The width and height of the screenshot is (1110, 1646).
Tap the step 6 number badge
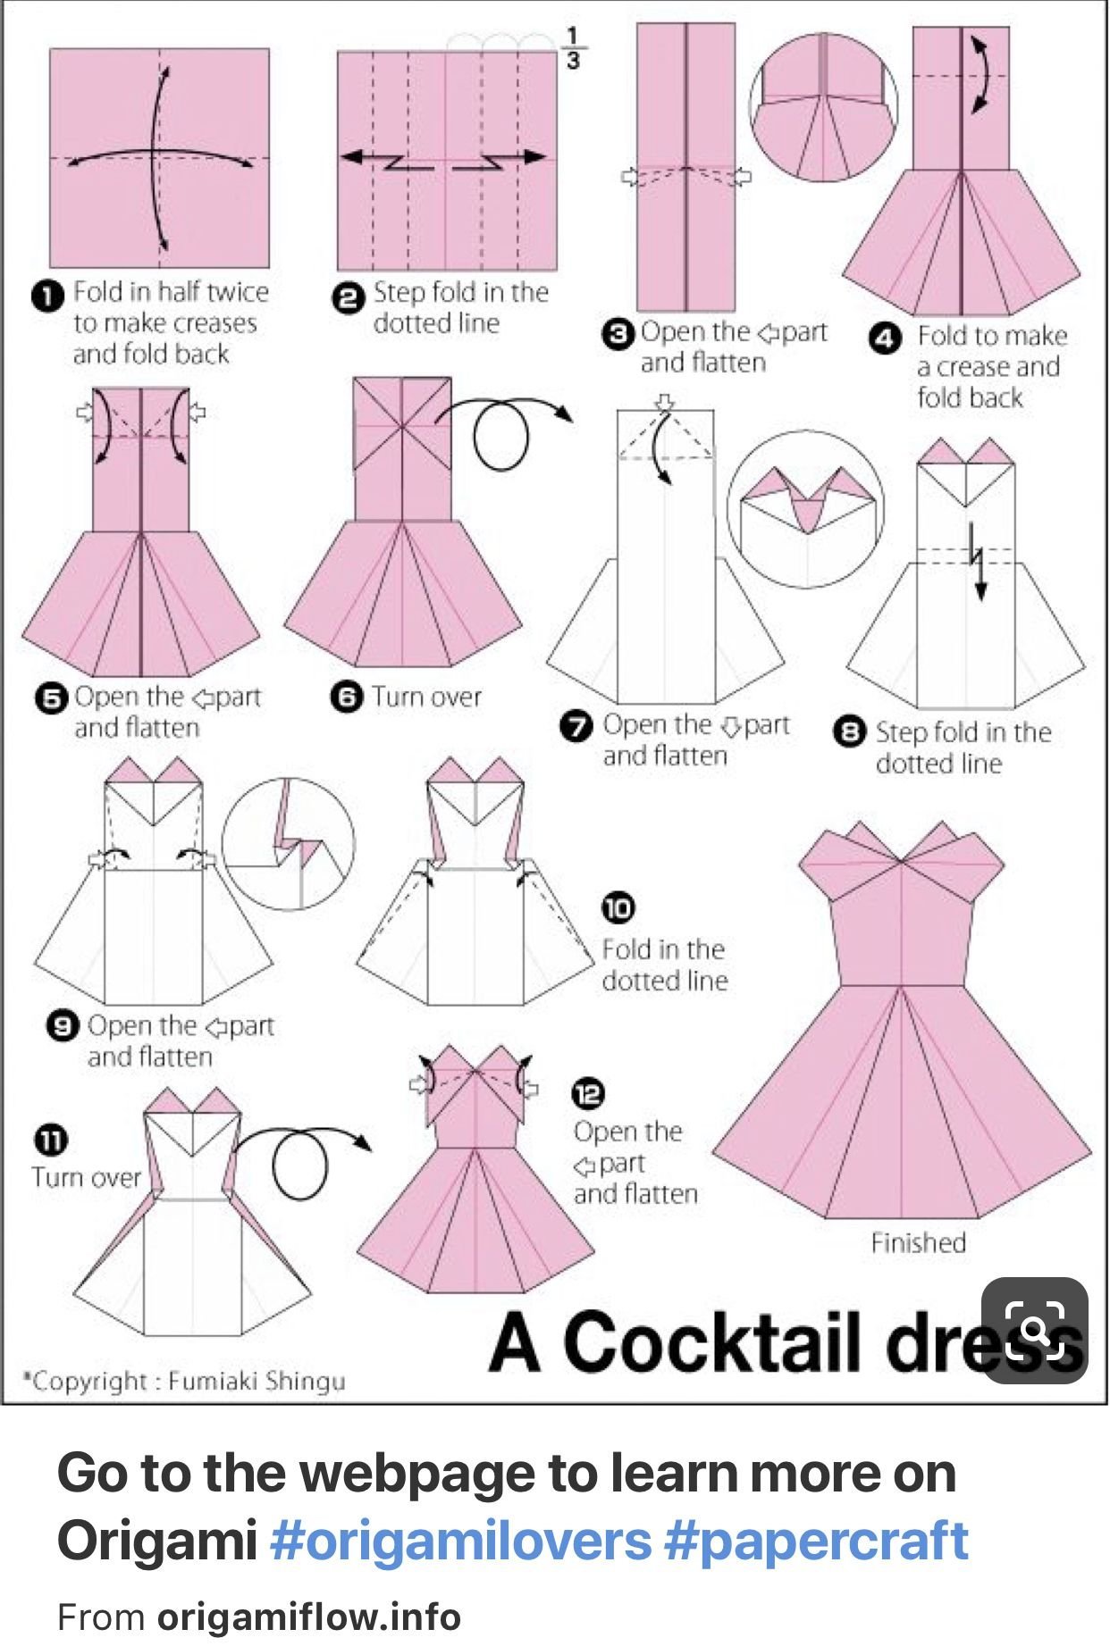(347, 697)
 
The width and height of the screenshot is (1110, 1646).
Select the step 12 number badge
(588, 1093)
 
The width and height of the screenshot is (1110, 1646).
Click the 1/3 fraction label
(572, 47)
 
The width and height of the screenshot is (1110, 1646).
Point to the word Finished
(919, 1242)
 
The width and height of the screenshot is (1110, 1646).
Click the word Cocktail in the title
(711, 1341)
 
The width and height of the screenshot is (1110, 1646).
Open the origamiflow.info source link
(309, 1617)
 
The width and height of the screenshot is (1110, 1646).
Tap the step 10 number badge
(617, 907)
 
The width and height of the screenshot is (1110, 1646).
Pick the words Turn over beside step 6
(426, 697)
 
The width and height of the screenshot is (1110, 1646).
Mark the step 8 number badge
(849, 733)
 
